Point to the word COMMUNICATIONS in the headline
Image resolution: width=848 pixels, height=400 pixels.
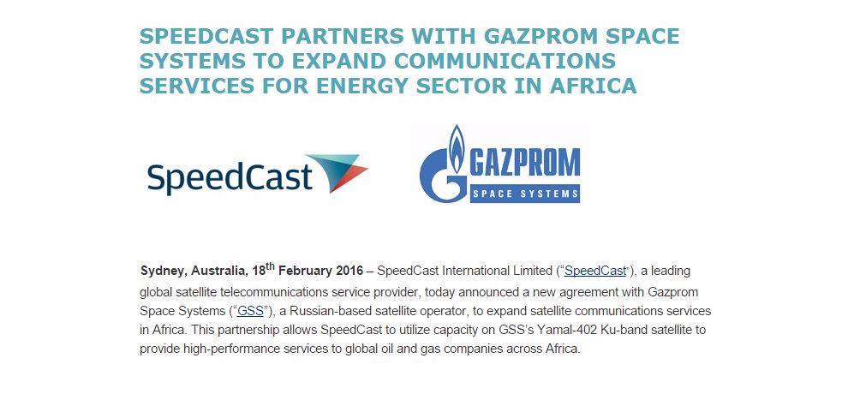tap(505, 61)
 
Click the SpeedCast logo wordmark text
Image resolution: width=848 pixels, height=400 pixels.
tap(230, 176)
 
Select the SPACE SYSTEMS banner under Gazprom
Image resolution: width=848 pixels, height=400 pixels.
tap(525, 194)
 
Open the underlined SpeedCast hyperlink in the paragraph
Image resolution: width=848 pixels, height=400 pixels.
tap(595, 271)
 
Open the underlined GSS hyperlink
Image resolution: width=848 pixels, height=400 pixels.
tap(250, 312)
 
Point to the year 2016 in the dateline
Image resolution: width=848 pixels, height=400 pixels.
tap(349, 271)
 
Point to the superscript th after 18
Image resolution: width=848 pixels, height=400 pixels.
tap(271, 266)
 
